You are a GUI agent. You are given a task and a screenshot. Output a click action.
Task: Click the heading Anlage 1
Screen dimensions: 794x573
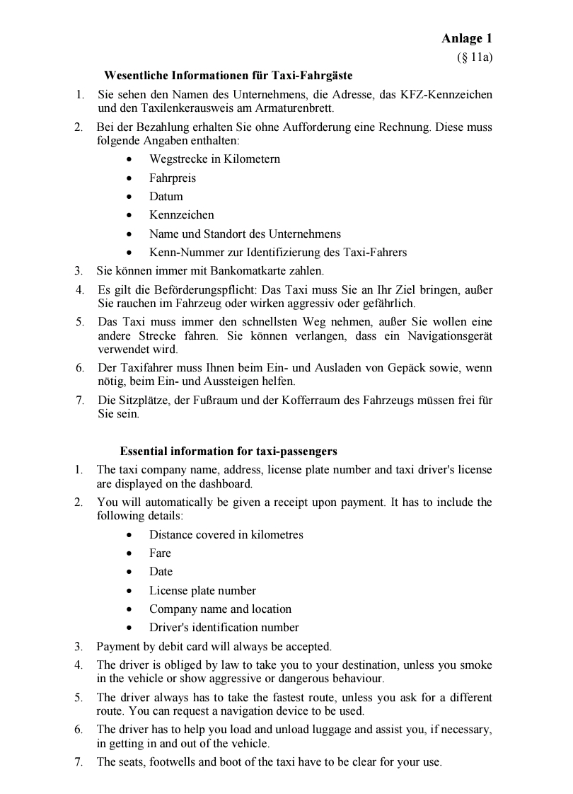467,39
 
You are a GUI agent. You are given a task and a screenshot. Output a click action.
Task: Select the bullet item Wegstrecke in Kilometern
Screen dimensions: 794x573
214,159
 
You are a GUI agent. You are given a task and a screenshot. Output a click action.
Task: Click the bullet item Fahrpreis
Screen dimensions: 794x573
173,178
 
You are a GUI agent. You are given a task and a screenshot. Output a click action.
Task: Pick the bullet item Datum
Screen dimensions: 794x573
166,196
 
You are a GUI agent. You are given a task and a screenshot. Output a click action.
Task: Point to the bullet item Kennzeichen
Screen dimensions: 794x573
181,214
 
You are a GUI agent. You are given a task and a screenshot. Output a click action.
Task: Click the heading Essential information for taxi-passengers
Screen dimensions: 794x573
228,451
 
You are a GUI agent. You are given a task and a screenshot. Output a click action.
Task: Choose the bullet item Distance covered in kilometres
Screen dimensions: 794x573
226,534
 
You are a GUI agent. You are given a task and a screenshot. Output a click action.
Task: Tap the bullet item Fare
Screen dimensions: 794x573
160,553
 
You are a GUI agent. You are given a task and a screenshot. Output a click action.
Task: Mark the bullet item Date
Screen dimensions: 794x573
161,571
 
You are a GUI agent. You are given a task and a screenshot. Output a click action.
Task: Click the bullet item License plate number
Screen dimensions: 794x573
202,590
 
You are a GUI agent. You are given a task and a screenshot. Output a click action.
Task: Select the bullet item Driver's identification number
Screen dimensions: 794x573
224,627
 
